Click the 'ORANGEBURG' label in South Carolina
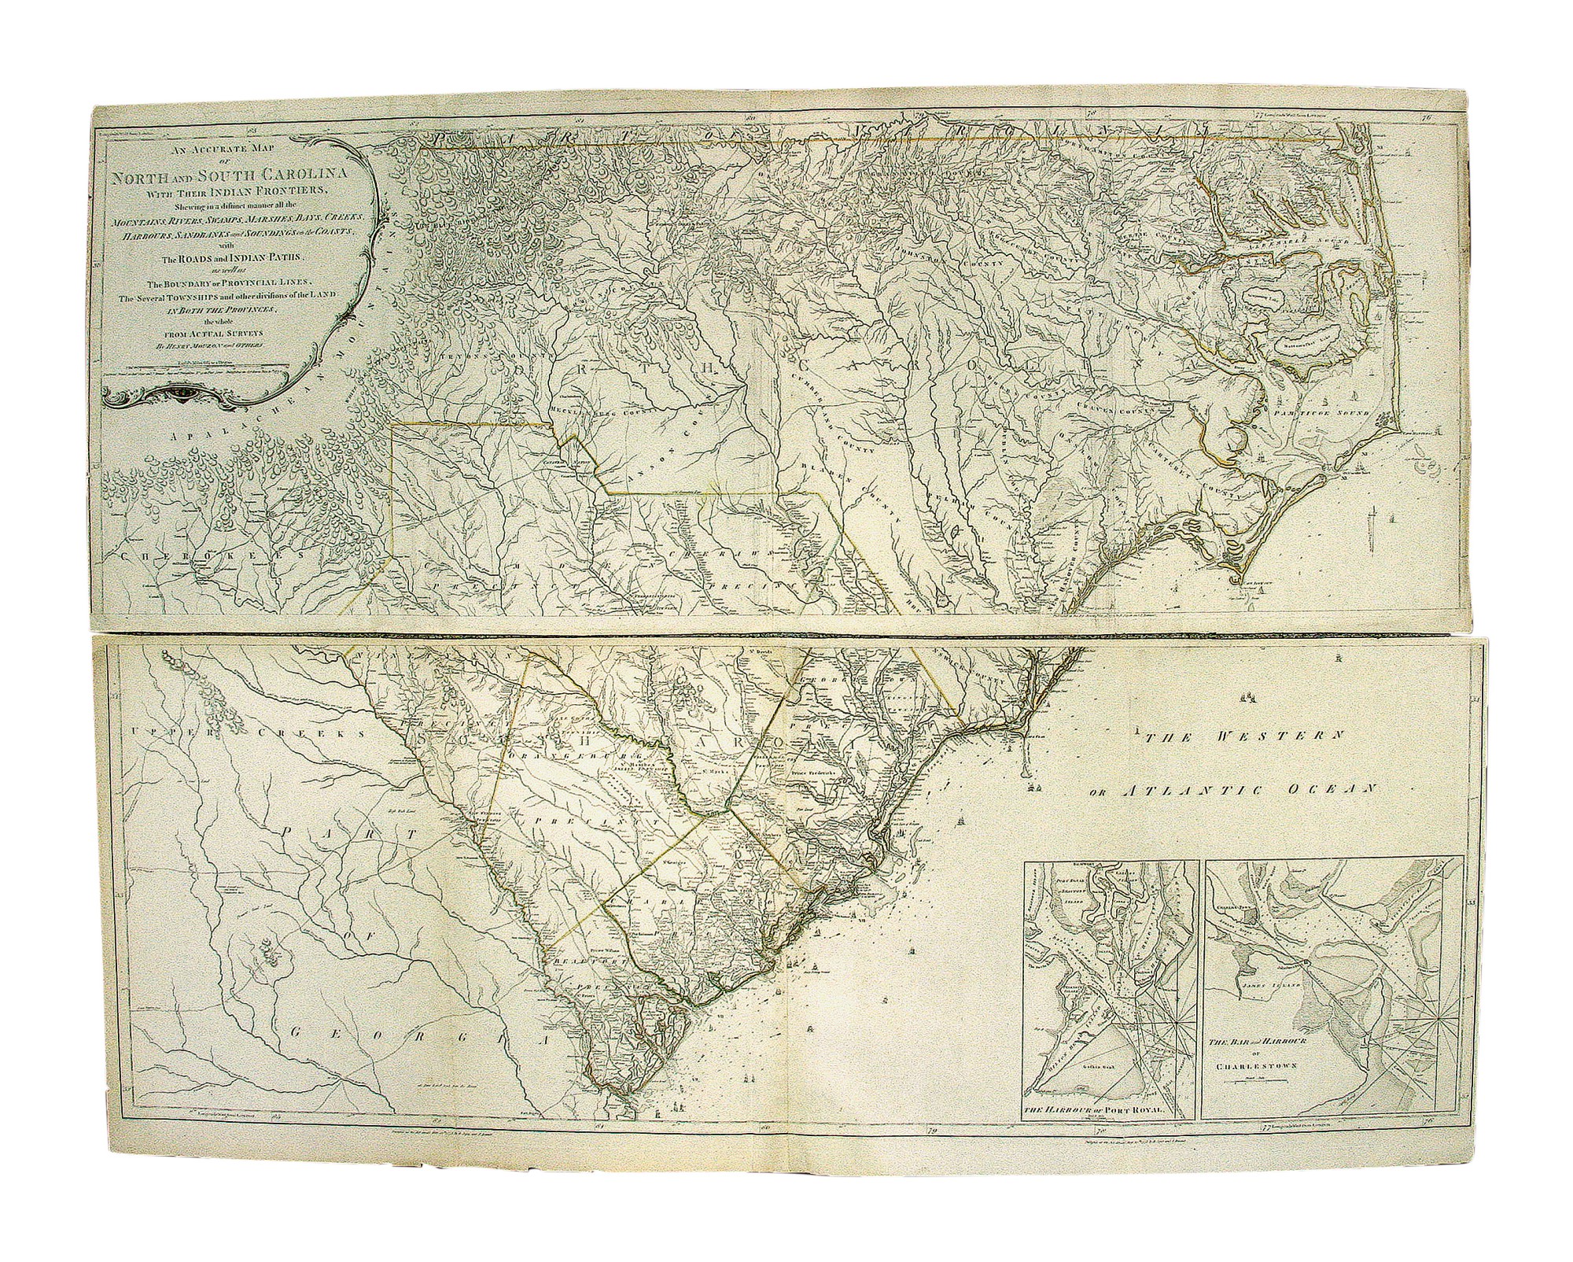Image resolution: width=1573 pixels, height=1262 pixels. (x=562, y=753)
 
